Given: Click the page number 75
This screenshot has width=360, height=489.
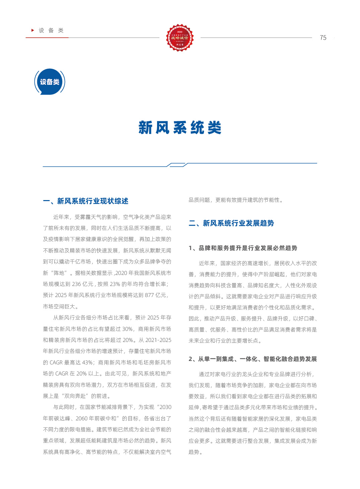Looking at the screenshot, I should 323,38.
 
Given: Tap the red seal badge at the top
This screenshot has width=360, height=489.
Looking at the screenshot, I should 180,38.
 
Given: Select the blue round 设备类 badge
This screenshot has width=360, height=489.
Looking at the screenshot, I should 50,82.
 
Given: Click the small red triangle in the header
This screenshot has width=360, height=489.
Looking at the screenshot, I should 33,30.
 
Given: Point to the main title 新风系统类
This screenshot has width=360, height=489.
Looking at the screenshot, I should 180,128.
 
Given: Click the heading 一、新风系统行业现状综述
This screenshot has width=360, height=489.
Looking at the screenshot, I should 86,201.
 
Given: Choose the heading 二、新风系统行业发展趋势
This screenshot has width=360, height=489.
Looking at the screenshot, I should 231,223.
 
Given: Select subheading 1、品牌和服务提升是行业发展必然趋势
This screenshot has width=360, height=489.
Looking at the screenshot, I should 243,248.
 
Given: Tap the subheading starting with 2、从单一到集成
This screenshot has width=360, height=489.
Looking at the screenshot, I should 253,359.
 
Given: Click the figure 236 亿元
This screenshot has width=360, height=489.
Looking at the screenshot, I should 83,284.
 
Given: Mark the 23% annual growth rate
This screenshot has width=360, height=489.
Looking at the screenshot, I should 115,284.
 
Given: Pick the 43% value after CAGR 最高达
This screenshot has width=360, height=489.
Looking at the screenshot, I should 87,362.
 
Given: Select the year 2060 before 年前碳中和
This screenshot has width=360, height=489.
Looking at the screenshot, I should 81,418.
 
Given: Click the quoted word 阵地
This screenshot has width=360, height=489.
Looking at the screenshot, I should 59,273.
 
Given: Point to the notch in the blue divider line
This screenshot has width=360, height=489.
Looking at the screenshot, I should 177,165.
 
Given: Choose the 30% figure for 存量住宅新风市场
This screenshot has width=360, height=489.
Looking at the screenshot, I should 128,329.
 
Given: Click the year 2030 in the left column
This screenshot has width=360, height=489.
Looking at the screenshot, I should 165,407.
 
